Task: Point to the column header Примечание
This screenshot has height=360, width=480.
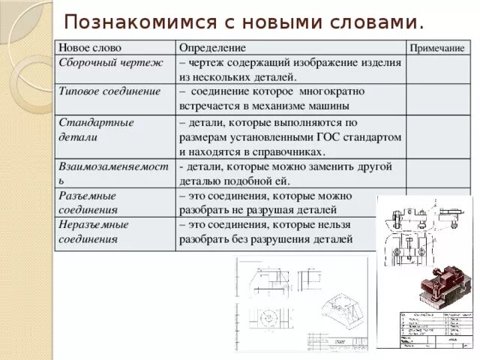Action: click(x=436, y=48)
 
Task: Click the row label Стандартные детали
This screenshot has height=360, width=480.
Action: click(x=96, y=129)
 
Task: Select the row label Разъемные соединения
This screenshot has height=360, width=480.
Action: click(x=88, y=202)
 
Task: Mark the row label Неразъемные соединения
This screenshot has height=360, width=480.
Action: click(x=93, y=231)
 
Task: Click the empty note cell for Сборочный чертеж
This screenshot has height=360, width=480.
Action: click(x=437, y=70)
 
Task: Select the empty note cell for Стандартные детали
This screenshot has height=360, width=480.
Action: click(x=437, y=136)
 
